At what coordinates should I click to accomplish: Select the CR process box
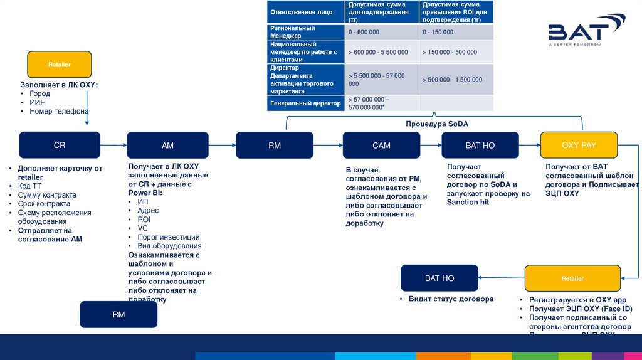point(60,145)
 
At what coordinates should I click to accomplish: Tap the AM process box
point(167,145)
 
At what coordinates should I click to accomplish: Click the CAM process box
point(381,145)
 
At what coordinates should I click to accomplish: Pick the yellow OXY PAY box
point(579,145)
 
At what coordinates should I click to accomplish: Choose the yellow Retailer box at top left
point(60,65)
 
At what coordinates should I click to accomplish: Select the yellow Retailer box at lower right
point(572,278)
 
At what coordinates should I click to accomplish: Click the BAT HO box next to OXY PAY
point(480,145)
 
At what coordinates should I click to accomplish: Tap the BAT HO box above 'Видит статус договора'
point(439,278)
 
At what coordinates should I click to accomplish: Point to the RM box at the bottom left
point(118,314)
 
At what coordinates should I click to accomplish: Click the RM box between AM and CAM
point(275,145)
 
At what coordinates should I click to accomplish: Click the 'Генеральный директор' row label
point(305,103)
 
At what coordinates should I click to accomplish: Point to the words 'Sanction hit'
point(468,203)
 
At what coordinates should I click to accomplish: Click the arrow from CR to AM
point(113,145)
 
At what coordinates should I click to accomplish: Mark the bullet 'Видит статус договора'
point(451,299)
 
